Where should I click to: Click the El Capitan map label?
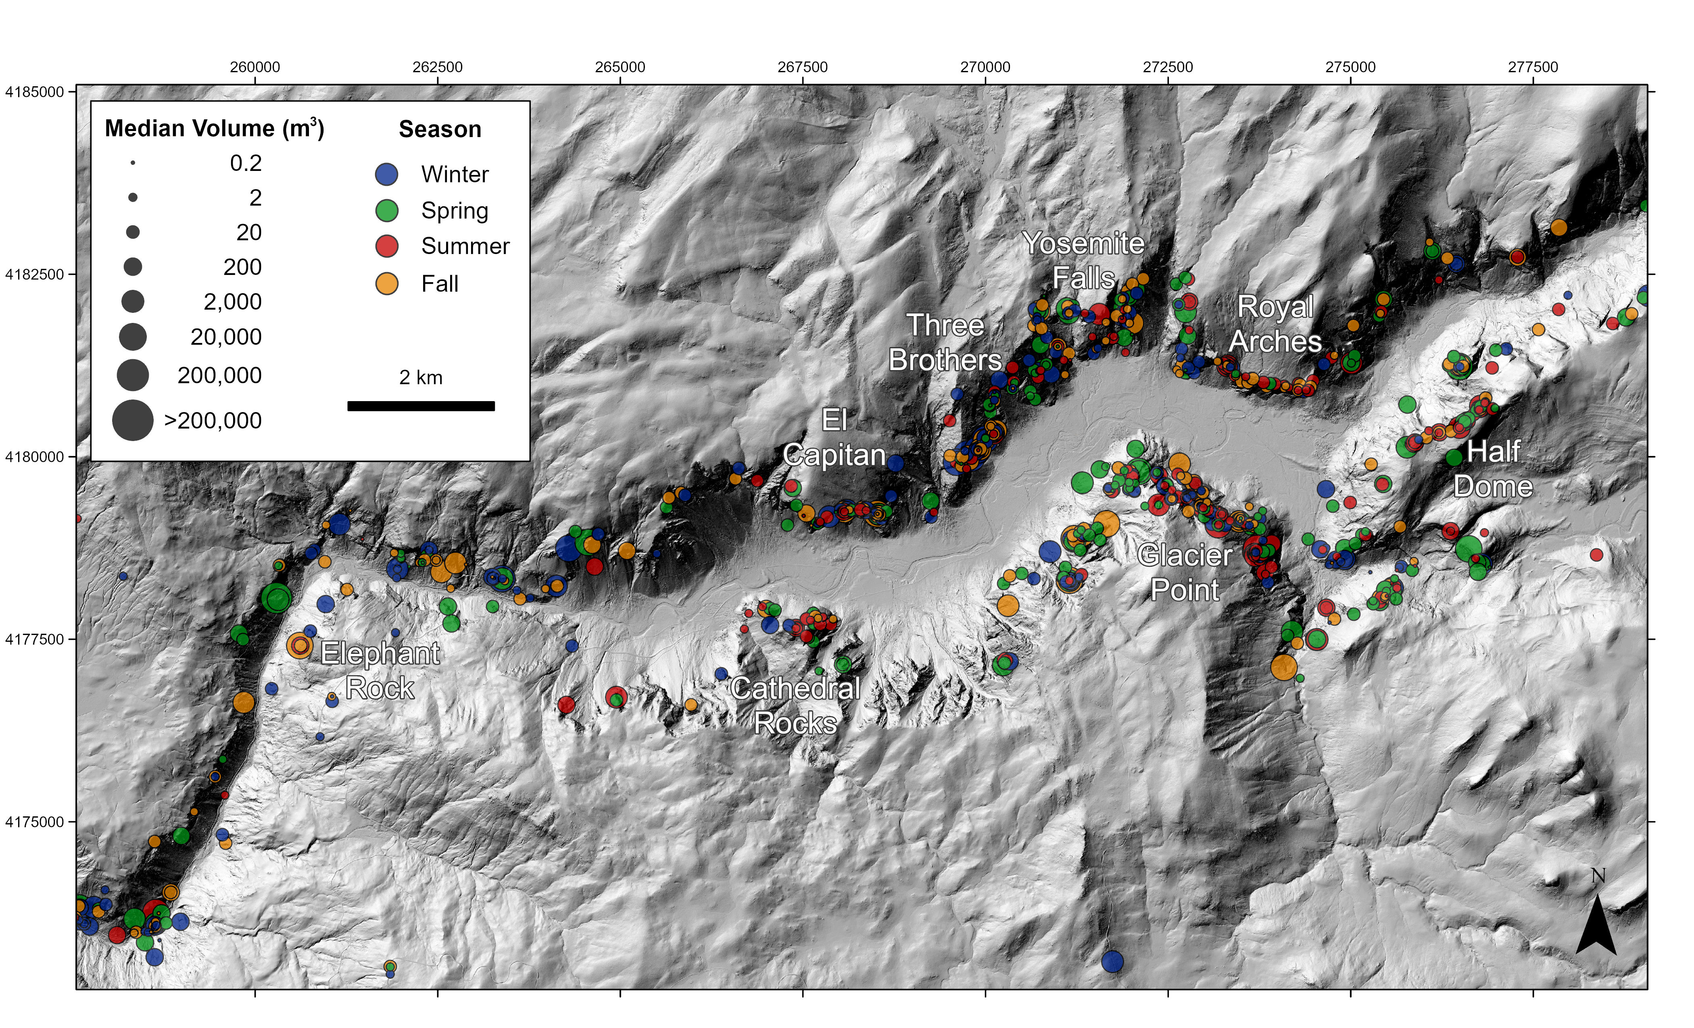(834, 438)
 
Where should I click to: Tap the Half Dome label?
(1493, 469)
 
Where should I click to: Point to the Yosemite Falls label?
(1083, 260)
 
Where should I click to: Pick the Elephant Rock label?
(380, 670)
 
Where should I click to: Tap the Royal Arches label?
(1275, 324)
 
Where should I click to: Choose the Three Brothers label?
(945, 342)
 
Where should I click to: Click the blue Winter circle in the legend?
(387, 174)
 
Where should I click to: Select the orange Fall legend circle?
(387, 283)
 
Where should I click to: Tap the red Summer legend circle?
(387, 246)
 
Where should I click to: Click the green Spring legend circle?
(387, 210)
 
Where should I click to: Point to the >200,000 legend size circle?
(133, 420)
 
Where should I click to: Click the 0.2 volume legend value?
(246, 163)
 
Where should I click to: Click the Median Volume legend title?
(214, 129)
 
